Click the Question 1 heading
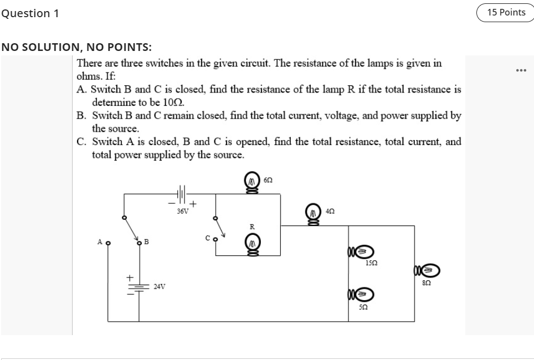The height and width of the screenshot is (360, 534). (x=30, y=13)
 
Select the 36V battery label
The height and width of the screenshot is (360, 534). (x=182, y=211)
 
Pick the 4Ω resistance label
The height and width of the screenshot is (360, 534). (x=330, y=212)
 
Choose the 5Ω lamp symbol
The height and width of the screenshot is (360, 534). (x=360, y=294)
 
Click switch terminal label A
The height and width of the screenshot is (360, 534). (x=100, y=241)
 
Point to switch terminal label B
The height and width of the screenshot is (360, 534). (x=146, y=241)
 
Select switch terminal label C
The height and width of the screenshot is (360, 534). (x=207, y=239)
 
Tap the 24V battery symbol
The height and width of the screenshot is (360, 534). (x=138, y=286)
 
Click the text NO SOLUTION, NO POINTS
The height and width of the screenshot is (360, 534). (x=76, y=47)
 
